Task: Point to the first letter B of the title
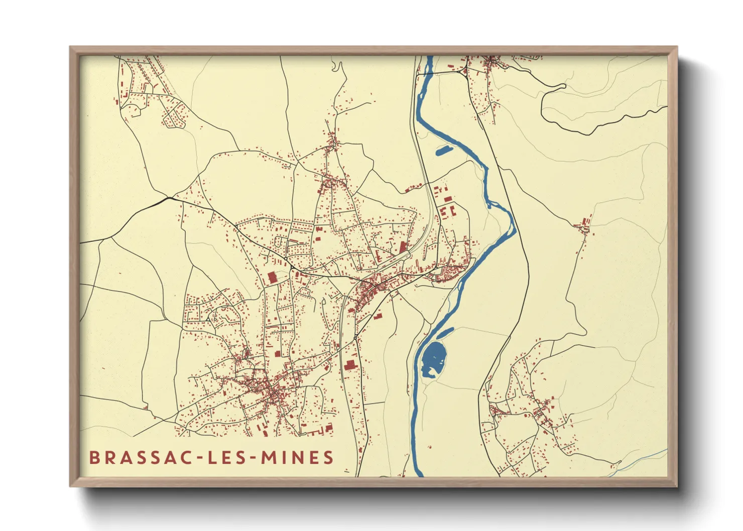tap(94, 458)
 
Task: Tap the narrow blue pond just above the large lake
tap(445, 332)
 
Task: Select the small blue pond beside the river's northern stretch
tap(443, 150)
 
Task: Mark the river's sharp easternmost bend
tap(513, 221)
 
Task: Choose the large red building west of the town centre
tap(272, 278)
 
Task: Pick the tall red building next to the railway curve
tap(403, 246)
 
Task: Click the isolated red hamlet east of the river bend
tap(583, 227)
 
